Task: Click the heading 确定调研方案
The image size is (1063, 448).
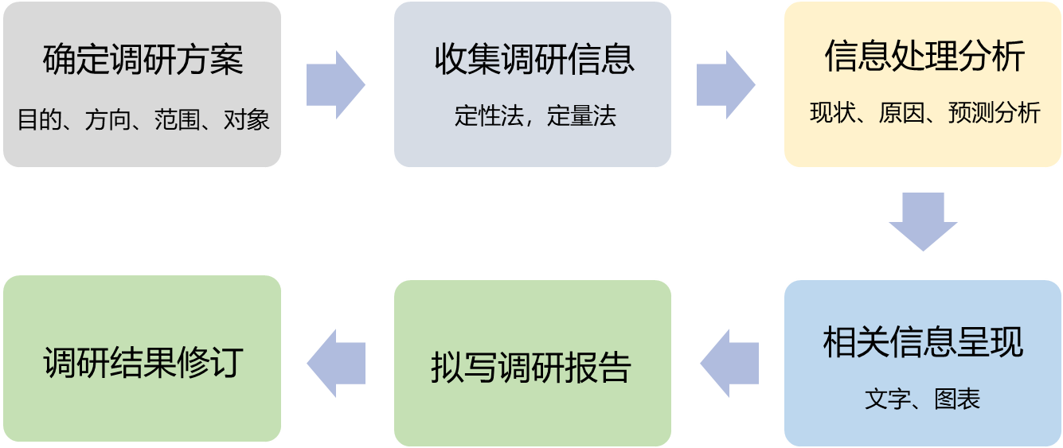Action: tap(143, 61)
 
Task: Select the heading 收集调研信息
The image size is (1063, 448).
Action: tap(533, 60)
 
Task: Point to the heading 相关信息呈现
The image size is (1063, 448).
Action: tap(923, 342)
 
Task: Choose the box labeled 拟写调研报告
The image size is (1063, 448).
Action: tap(532, 367)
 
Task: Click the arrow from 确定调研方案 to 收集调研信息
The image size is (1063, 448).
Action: tap(335, 85)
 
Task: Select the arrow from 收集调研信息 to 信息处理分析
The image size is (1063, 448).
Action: tap(725, 85)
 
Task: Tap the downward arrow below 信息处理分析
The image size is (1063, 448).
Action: tap(923, 222)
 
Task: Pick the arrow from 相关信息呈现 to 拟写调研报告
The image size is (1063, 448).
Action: tap(729, 364)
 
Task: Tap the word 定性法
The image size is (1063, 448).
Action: tap(487, 117)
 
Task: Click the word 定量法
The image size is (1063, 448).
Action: tap(583, 117)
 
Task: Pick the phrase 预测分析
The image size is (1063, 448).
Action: tap(995, 114)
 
